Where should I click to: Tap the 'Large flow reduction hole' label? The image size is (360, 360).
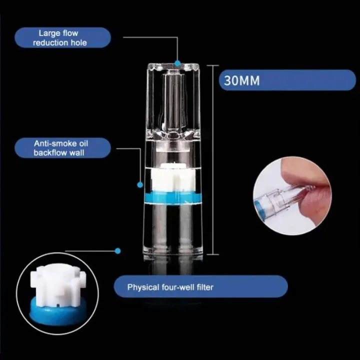tap(62, 37)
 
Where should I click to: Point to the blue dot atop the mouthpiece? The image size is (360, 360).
tap(177, 63)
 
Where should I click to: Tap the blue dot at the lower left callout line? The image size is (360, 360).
tap(118, 250)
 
